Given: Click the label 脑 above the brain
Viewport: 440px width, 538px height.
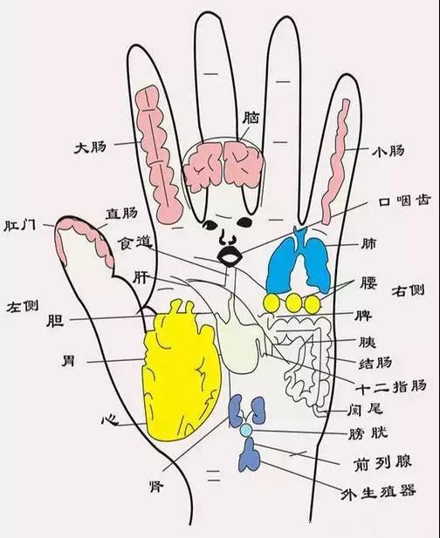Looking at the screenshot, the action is pos(251,118).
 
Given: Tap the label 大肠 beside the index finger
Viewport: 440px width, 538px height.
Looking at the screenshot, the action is pos(91,148).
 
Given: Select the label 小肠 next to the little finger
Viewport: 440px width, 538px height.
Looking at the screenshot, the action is pos(388,151).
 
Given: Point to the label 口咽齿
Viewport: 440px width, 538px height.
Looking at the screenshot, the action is pos(404,201).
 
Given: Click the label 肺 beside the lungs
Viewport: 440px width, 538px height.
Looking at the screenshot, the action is pos(368,244).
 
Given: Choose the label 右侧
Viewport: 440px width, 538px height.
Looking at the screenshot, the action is pos(408,290).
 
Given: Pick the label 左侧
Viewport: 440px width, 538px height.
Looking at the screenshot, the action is pos(23,306).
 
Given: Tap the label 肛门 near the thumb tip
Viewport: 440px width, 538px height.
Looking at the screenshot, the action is pos(19,226).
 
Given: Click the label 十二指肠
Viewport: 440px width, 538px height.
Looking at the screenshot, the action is pos(390,386).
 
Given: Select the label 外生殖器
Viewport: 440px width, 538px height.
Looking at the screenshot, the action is pos(378,493).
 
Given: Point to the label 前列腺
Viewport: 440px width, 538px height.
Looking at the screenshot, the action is pos(382,463).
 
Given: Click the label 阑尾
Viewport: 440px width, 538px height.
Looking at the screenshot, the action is pos(364,409).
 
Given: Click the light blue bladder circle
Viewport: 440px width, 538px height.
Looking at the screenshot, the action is pos(246,430).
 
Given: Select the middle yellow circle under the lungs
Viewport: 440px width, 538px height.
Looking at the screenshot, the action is pos(292,303).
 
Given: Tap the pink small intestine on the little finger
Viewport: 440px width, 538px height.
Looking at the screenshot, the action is pos(335,161).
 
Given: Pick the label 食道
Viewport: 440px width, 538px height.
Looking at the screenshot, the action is pos(135,243).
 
